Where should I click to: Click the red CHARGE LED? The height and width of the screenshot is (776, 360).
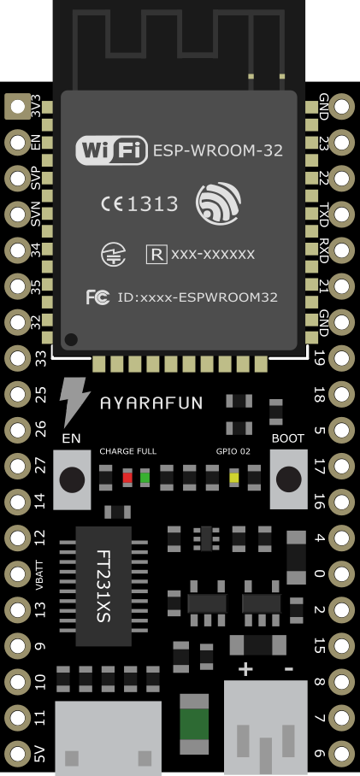point(127,478)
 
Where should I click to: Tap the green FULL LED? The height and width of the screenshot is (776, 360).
point(145,478)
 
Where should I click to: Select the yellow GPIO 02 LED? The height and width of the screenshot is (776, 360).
point(233,478)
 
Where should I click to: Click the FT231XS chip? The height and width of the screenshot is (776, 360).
point(103,586)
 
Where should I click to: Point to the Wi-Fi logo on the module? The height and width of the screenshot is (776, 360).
point(111,150)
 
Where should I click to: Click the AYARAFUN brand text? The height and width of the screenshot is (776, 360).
point(151,403)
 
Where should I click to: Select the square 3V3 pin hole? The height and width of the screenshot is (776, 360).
point(17,107)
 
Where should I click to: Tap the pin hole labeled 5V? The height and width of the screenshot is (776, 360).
point(17,754)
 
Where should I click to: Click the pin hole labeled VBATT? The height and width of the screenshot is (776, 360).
point(17,574)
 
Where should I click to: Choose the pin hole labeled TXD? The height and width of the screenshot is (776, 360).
point(342,215)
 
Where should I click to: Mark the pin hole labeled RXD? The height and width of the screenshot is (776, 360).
point(342,250)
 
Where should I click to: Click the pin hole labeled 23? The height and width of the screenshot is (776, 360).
point(342,143)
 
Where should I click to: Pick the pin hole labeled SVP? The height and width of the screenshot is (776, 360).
point(17,179)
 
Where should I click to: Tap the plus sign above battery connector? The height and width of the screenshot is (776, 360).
point(245,669)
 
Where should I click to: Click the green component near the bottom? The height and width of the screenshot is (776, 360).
point(193,723)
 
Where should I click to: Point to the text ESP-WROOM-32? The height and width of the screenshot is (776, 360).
point(218,150)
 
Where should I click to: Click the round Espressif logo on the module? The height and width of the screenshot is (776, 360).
point(218,203)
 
